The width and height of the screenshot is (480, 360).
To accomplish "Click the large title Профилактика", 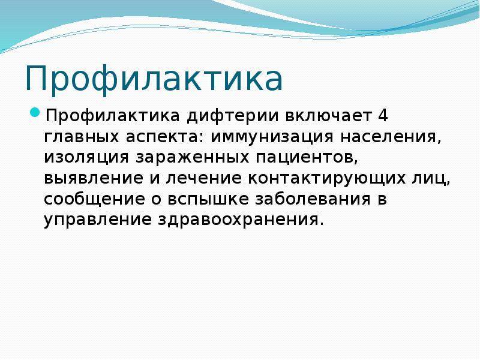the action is (154, 78).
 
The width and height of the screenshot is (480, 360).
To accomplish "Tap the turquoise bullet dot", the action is (35, 112).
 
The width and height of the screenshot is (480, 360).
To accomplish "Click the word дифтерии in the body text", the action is (233, 116).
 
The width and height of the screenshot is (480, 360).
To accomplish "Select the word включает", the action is (328, 116).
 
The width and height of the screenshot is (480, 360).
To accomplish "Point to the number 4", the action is (383, 116).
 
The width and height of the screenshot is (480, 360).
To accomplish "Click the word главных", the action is (81, 137).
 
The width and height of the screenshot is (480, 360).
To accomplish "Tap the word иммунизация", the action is (272, 137).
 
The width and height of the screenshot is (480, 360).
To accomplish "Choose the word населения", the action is (391, 137).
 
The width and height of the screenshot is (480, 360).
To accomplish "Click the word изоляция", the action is (86, 158).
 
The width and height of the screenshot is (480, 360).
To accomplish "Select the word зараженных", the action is (193, 158).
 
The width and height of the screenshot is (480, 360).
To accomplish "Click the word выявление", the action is (94, 178).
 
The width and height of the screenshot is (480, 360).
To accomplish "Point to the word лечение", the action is (203, 178).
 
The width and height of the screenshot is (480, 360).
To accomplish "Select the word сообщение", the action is (94, 200).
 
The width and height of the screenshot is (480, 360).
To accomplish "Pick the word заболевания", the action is (313, 199).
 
